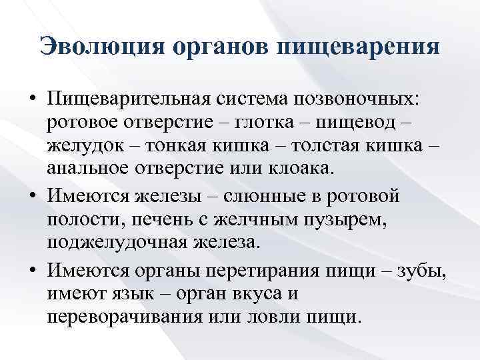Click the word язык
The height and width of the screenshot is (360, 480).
(156, 293)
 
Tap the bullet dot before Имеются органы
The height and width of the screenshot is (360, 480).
(32, 271)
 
